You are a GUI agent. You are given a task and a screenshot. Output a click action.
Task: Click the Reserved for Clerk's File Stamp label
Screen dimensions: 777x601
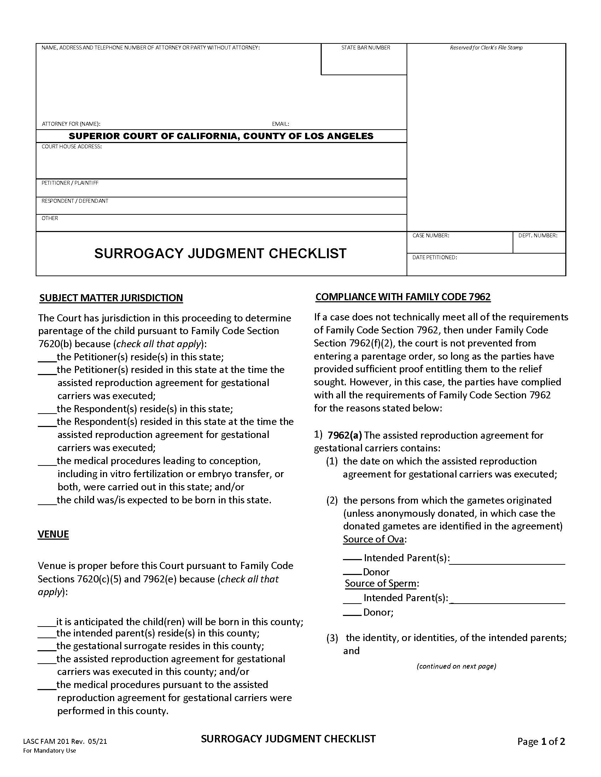coord(486,48)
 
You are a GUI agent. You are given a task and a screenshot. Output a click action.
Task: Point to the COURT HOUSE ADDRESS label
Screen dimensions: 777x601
coord(71,147)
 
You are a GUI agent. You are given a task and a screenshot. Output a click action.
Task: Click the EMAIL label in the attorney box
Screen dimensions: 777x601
coord(280,124)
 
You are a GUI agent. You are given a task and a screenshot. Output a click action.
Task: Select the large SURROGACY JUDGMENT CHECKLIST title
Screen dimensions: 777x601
coord(220,254)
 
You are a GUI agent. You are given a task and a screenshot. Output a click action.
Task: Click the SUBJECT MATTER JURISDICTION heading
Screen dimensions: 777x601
coord(111,298)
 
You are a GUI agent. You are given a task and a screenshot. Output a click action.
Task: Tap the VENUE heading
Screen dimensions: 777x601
coord(53,534)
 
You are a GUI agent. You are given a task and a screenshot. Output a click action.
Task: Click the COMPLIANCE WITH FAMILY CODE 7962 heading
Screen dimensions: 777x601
coord(403,297)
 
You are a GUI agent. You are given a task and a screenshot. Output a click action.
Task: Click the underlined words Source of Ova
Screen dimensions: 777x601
coord(373,539)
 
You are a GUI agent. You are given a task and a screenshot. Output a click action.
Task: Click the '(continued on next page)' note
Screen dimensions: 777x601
coord(456,666)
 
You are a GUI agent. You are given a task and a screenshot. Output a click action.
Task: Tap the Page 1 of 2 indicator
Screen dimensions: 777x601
coord(541,741)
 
